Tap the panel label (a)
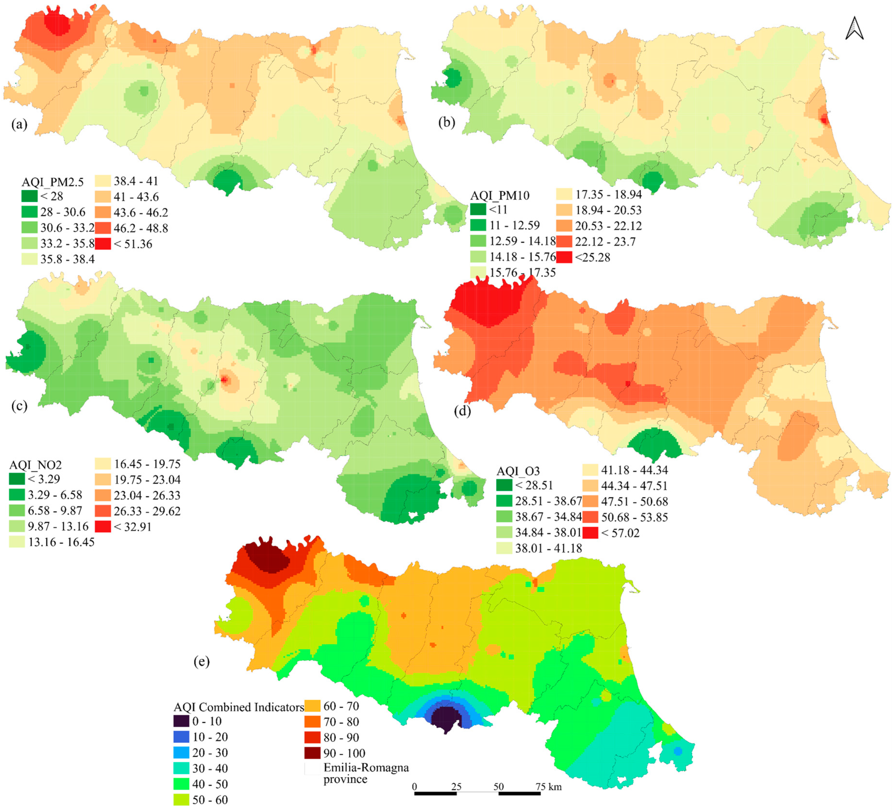click(x=19, y=124)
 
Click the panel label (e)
click(x=201, y=661)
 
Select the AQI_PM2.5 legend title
click(x=52, y=182)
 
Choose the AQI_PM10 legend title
click(x=500, y=196)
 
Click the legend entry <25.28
click(x=593, y=257)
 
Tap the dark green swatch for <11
click(x=478, y=209)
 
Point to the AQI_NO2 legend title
click(x=36, y=465)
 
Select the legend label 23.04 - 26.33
click(x=147, y=495)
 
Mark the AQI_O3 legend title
click(x=518, y=471)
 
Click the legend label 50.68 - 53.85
click(x=634, y=517)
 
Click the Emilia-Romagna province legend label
click(x=366, y=773)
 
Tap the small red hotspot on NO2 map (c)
click(x=224, y=379)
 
